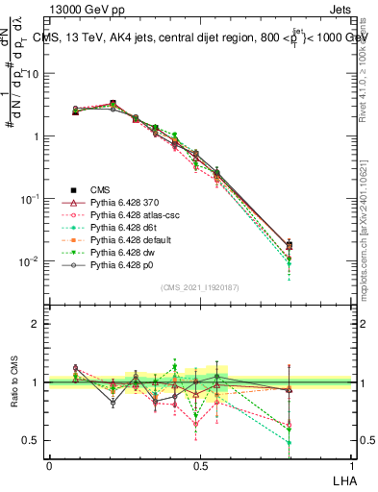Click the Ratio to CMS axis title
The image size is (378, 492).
(x=13, y=384)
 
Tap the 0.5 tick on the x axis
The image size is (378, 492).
(x=201, y=465)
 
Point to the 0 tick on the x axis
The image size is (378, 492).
(x=49, y=465)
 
